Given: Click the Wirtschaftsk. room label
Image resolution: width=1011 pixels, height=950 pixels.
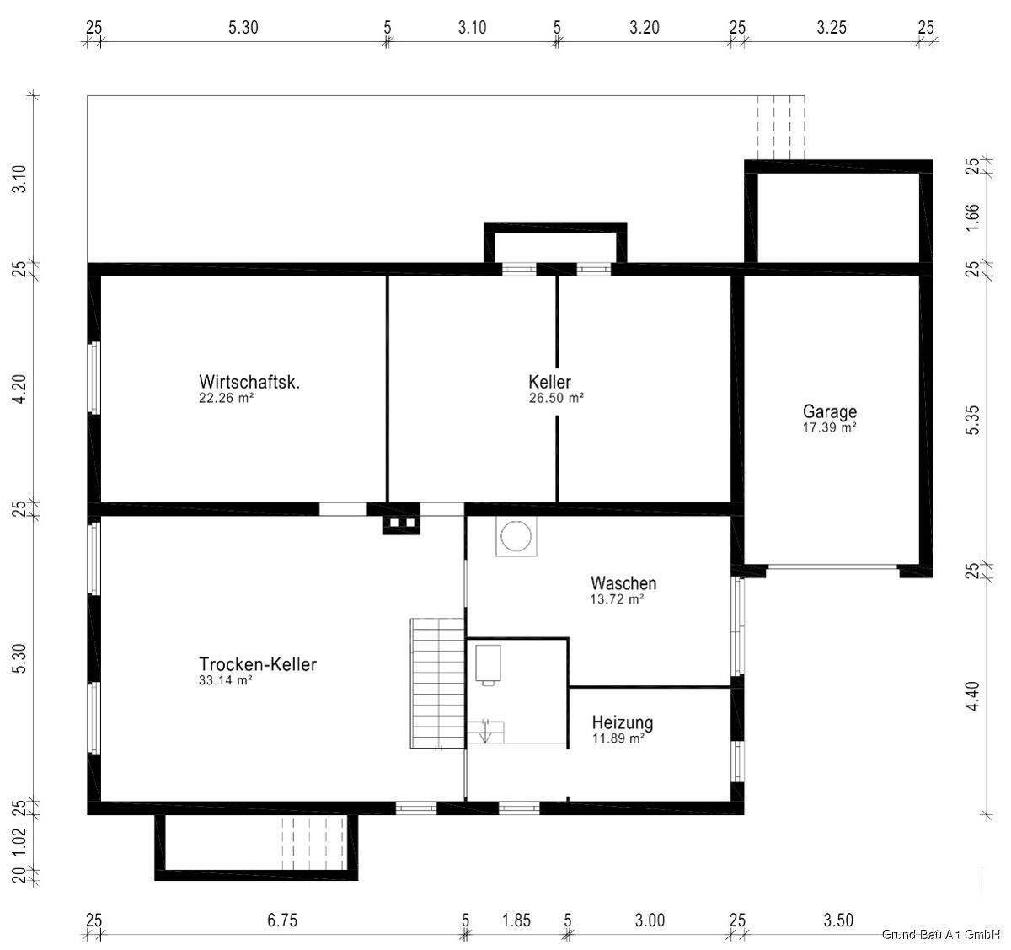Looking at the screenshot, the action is tap(249, 382).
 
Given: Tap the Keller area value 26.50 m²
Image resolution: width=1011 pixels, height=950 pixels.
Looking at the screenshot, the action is tap(556, 399).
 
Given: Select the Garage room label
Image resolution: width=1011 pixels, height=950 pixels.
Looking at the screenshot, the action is tap(830, 411).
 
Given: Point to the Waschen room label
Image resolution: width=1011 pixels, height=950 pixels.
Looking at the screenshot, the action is tap(623, 582).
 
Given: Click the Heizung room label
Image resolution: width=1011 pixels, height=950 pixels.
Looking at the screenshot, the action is tap(623, 722).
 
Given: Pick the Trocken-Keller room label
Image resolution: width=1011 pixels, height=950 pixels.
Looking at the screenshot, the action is tap(258, 664).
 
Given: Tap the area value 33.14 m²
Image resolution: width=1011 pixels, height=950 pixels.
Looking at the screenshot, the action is tap(226, 680).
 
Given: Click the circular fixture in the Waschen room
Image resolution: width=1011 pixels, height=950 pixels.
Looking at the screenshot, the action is tap(516, 536).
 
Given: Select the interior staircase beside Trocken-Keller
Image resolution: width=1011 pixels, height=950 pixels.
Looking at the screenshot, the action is tap(438, 683).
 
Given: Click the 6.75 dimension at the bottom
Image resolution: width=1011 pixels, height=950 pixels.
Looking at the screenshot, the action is tap(282, 920).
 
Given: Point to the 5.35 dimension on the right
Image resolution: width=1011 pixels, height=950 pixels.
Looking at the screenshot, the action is tap(971, 421).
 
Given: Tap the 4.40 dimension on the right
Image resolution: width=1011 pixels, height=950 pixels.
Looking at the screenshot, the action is tap(971, 696).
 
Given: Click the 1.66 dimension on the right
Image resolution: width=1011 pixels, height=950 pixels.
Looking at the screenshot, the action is tap(971, 217).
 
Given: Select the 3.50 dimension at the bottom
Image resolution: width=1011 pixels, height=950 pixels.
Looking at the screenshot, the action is tap(838, 920).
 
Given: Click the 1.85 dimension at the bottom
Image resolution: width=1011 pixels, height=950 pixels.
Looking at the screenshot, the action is tap(516, 920).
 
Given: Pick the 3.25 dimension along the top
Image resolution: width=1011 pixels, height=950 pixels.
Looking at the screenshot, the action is tap(832, 28).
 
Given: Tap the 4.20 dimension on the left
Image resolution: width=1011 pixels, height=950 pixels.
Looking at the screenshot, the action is tap(19, 389).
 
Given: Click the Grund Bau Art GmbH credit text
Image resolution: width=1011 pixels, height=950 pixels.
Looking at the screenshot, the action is tap(941, 934).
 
